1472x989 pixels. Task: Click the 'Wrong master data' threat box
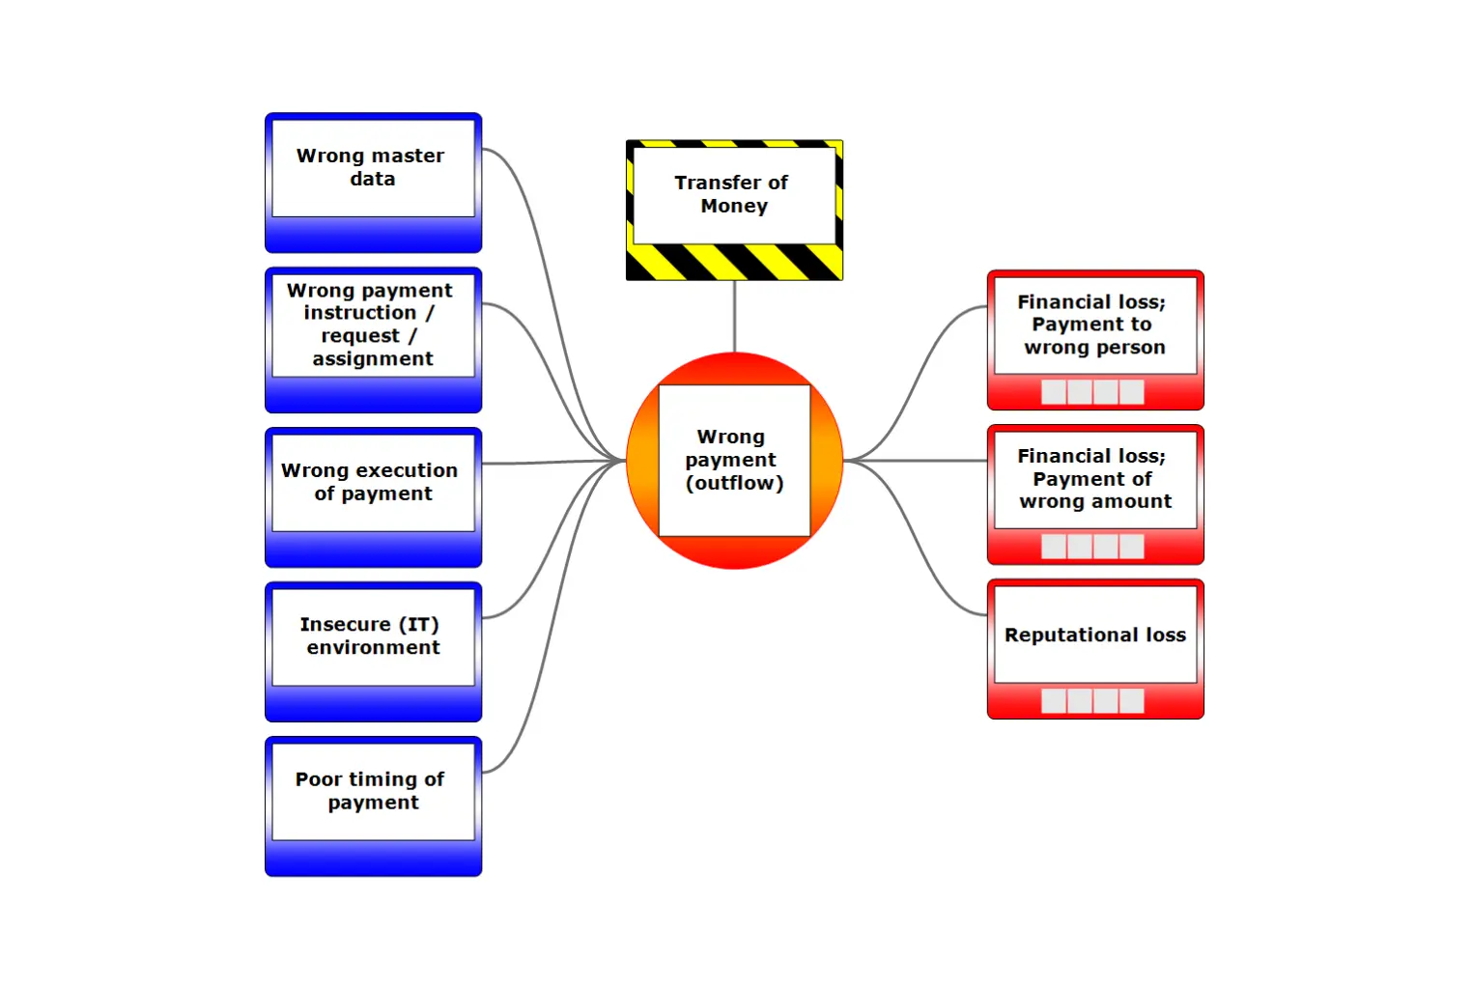pyautogui.click(x=373, y=168)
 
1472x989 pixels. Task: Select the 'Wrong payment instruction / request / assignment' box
pyautogui.click(x=373, y=325)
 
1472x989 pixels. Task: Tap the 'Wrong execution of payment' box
pyautogui.click(x=373, y=483)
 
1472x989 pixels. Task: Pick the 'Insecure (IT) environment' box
pyautogui.click(x=373, y=636)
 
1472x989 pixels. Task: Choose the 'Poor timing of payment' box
pyautogui.click(x=373, y=791)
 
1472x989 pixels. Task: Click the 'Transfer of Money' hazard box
pyautogui.click(x=734, y=195)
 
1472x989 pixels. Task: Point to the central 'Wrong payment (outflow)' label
pyautogui.click(x=734, y=461)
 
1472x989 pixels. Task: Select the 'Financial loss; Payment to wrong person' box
pyautogui.click(x=1094, y=325)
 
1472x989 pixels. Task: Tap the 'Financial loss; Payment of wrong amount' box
pyautogui.click(x=1094, y=479)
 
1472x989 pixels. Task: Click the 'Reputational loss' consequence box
pyautogui.click(x=1094, y=635)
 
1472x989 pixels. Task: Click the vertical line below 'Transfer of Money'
pyautogui.click(x=734, y=317)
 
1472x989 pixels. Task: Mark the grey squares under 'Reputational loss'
pyautogui.click(x=1092, y=701)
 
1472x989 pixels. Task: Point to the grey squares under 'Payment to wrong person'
pyautogui.click(x=1092, y=392)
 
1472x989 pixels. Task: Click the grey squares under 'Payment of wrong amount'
pyautogui.click(x=1092, y=547)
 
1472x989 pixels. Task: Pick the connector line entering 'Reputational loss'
pyautogui.click(x=927, y=570)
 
